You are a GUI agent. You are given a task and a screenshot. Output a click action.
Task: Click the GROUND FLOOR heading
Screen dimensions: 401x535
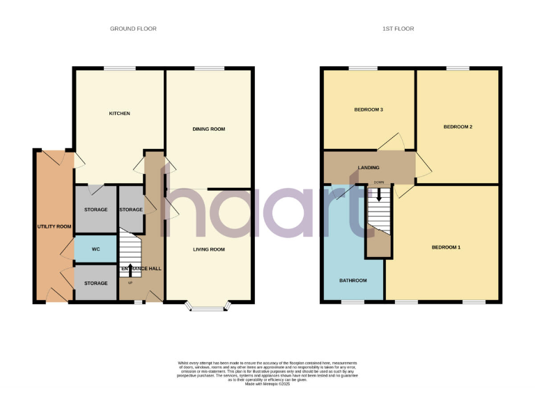(133, 29)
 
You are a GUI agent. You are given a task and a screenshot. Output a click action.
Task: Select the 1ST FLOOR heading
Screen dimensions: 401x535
(398, 29)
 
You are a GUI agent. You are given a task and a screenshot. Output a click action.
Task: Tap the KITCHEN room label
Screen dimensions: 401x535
(119, 113)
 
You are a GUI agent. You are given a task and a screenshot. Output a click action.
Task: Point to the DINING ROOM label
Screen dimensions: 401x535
(209, 129)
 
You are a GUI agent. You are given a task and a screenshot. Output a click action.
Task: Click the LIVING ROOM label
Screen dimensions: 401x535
(208, 249)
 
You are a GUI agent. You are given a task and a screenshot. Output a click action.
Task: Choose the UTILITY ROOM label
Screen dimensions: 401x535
(54, 226)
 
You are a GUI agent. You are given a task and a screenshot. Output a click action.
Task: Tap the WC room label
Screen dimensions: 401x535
(95, 249)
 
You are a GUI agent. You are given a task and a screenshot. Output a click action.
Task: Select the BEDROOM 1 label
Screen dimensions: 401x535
(446, 247)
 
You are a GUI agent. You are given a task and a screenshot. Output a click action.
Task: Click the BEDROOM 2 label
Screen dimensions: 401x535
(458, 127)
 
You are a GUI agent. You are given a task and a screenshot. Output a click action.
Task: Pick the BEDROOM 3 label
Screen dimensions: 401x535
(369, 110)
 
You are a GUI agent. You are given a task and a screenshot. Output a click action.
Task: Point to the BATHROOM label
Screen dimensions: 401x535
(352, 281)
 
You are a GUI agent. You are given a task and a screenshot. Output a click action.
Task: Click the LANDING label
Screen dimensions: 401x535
(369, 168)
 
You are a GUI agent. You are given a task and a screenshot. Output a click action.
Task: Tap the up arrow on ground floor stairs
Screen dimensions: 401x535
(130, 267)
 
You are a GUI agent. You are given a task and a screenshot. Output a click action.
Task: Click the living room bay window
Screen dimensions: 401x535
(208, 306)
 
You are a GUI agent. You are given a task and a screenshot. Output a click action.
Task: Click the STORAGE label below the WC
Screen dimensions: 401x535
(95, 283)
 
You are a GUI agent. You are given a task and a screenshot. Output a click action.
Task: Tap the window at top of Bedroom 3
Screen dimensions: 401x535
(362, 68)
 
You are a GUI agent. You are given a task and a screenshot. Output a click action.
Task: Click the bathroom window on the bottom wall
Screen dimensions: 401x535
(352, 302)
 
